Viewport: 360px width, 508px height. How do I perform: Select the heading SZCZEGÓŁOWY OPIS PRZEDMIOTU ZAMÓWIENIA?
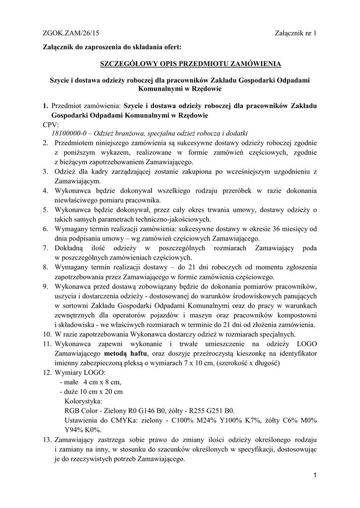click(x=190, y=64)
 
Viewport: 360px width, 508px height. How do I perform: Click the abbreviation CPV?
click(x=51, y=125)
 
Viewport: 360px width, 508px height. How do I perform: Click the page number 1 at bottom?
click(x=315, y=476)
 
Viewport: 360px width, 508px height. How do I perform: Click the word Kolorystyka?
click(x=83, y=401)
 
